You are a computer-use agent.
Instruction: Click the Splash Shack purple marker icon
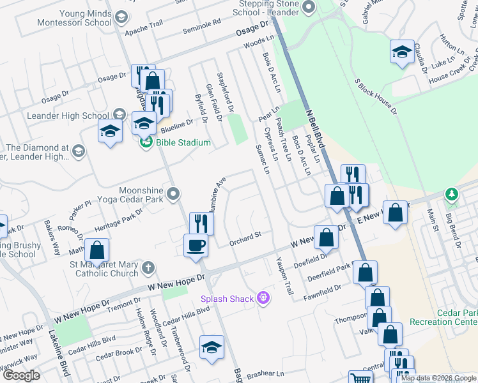pos(262,297)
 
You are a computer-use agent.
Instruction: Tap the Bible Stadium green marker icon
pos(146,142)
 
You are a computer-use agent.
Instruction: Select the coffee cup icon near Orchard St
pos(196,245)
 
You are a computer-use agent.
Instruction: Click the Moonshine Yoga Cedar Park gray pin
pos(173,193)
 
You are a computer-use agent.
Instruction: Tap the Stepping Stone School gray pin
pos(309,8)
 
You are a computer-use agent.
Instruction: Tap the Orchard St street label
pos(245,235)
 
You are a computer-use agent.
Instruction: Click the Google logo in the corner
pos(21,375)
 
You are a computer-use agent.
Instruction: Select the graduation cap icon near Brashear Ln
pos(212,346)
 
